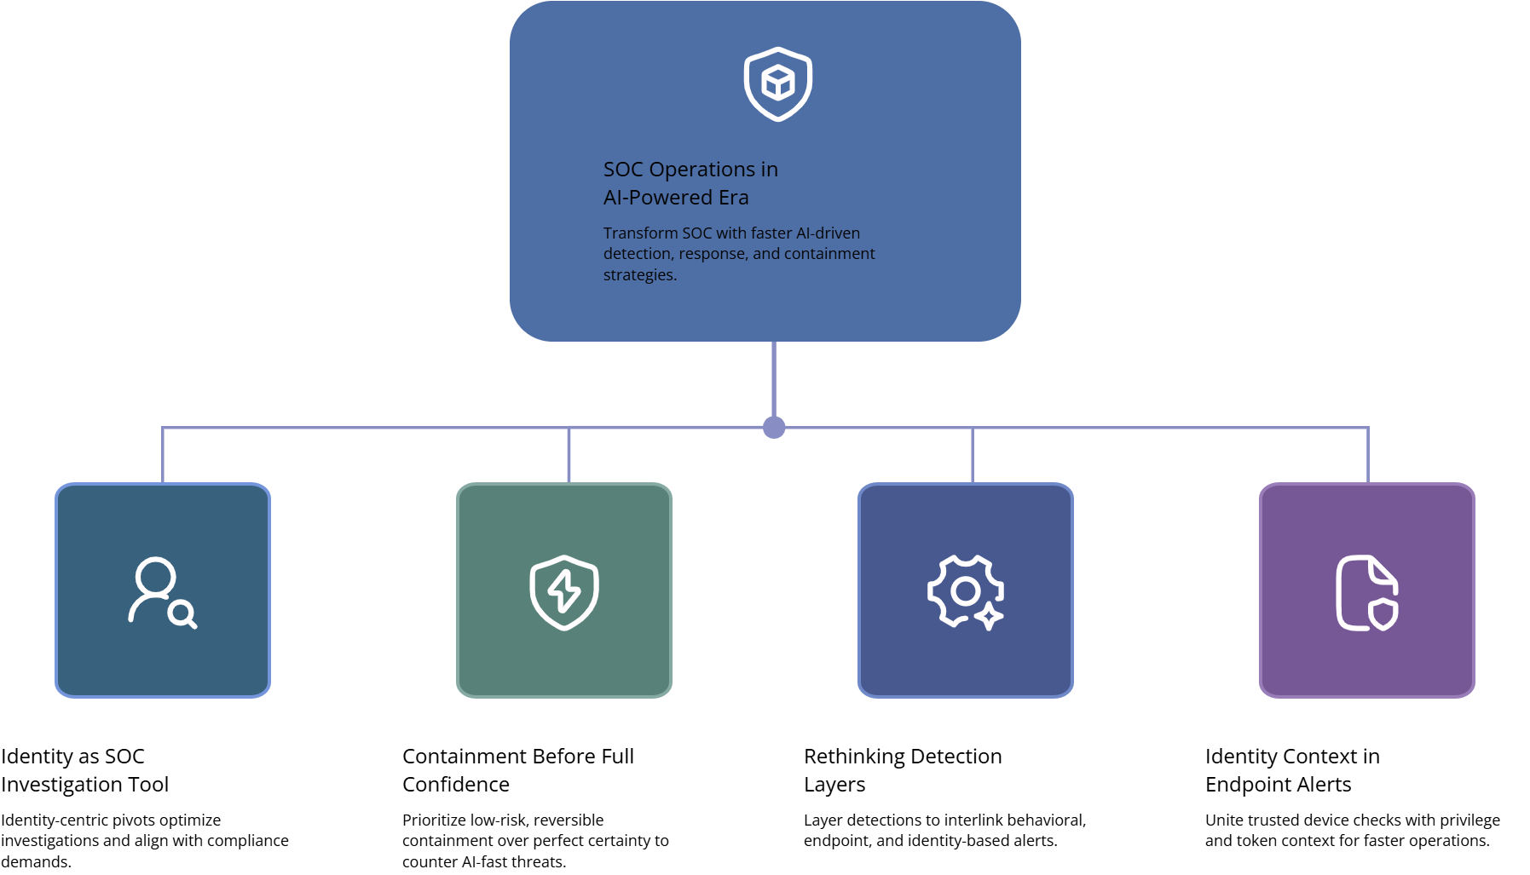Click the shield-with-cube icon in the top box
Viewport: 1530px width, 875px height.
coord(777,84)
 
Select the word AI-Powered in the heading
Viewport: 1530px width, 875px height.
coord(657,198)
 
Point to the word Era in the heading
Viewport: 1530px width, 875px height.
coord(733,198)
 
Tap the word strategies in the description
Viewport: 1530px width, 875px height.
coord(639,275)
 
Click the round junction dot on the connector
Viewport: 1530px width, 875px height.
coord(774,428)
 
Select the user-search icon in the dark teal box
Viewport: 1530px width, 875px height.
coord(162,592)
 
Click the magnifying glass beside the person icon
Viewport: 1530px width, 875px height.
coord(182,614)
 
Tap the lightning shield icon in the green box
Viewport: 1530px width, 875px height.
coord(564,592)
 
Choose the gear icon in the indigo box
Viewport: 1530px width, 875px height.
coord(964,590)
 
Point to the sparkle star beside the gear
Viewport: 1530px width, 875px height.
coord(989,616)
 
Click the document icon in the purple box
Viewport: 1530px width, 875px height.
coord(1365,592)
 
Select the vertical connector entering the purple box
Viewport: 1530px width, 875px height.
coord(1368,456)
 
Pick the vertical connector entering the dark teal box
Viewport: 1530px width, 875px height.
coord(163,456)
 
